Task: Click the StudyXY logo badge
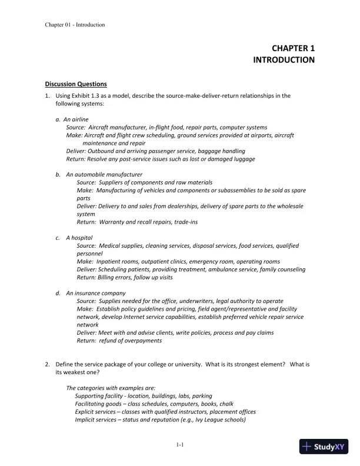325,447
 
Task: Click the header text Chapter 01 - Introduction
75,25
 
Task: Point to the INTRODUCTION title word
284,60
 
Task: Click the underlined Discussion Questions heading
76,84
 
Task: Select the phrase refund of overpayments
129,341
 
